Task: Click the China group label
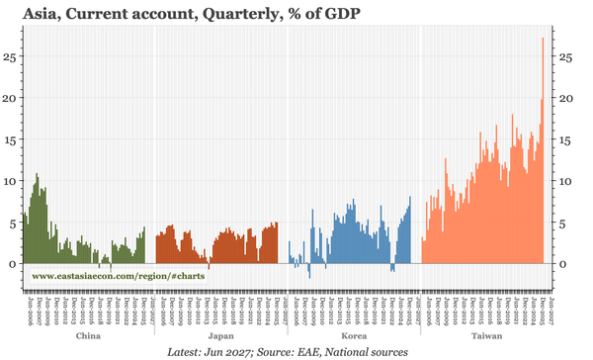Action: click(88, 336)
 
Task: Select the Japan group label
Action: click(221, 336)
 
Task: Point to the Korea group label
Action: click(354, 336)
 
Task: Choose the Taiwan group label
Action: click(484, 336)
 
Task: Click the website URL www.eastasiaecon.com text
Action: click(119, 276)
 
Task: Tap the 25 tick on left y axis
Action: click(10, 56)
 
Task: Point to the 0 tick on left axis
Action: click(13, 264)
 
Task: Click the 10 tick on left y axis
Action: click(10, 181)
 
